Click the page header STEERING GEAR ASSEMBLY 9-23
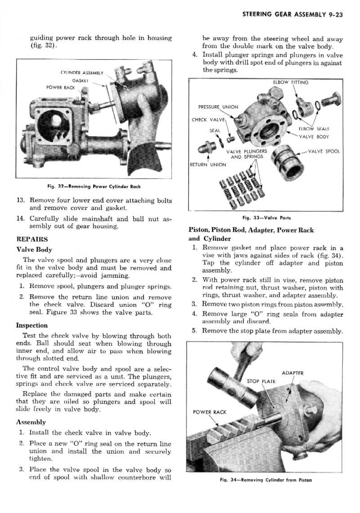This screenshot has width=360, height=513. [x=292, y=14]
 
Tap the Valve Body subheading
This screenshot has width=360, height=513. [x=34, y=250]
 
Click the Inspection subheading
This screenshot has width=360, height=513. [x=31, y=325]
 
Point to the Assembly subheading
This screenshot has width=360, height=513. [x=31, y=423]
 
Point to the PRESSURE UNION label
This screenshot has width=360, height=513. [x=218, y=107]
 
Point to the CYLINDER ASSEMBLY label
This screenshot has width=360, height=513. [x=82, y=71]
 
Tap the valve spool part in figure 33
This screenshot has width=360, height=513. [x=286, y=160]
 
